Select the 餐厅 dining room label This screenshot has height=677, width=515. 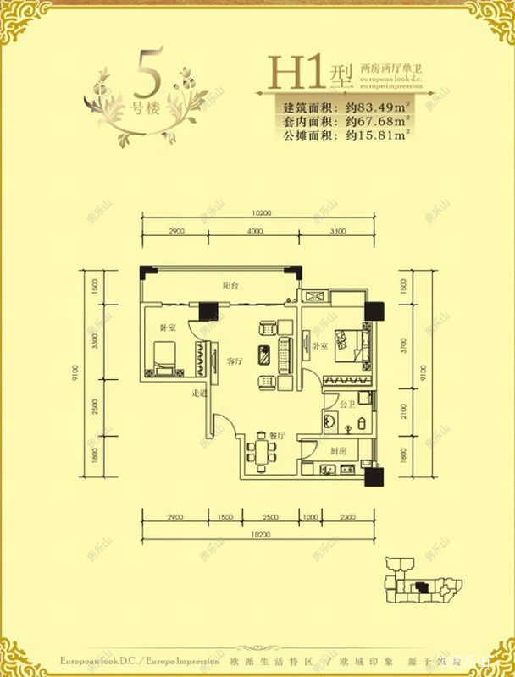point(276,435)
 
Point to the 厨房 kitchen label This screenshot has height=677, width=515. point(336,450)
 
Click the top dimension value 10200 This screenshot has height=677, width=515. point(260,212)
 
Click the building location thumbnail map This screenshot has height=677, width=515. point(419,585)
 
